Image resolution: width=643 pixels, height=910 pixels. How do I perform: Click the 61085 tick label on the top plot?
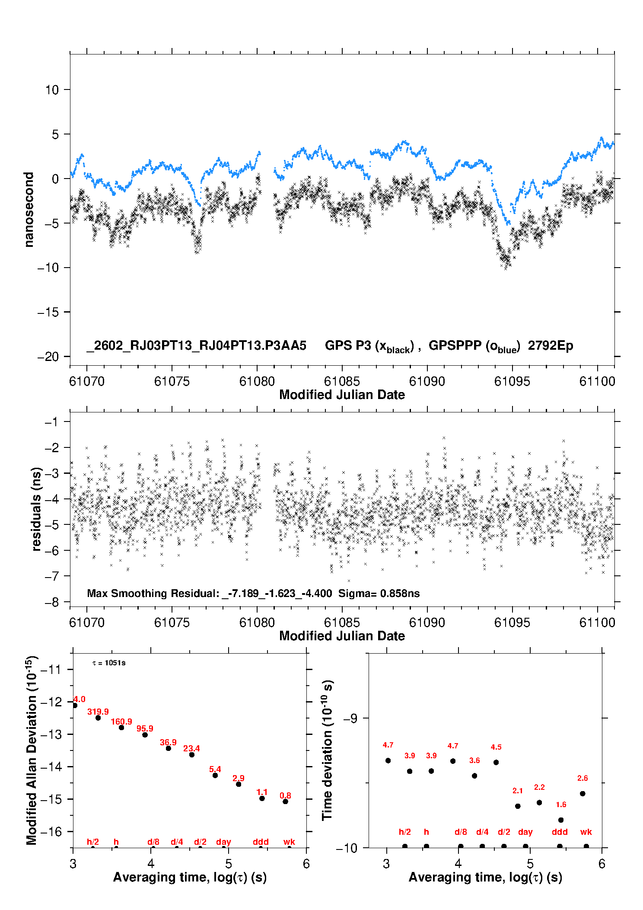tap(342, 381)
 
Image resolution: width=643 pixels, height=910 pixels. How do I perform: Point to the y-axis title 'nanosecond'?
tap(29, 210)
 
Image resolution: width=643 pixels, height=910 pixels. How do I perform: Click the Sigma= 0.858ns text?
tap(379, 594)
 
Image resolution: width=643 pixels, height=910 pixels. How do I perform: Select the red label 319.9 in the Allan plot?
tap(98, 712)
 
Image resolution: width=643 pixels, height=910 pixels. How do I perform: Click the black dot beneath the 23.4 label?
tap(192, 755)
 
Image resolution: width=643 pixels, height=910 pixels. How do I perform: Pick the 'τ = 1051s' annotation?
tap(109, 663)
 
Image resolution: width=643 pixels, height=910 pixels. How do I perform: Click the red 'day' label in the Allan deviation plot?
tap(223, 842)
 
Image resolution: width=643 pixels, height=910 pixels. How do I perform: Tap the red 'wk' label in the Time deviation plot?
tap(586, 832)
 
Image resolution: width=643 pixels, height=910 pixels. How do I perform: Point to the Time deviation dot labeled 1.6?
tap(561, 820)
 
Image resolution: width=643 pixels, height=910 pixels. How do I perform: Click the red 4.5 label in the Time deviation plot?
tap(496, 747)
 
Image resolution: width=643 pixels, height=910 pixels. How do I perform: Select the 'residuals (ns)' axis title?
tap(37, 509)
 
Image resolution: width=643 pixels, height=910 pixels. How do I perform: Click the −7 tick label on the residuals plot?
tap(51, 576)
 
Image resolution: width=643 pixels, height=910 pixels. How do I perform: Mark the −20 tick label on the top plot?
tap(48, 357)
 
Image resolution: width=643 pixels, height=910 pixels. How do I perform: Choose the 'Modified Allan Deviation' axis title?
tap(32, 750)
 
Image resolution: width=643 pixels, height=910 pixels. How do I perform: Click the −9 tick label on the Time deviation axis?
tap(350, 718)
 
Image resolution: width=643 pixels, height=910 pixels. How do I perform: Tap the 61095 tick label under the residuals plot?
tap(512, 623)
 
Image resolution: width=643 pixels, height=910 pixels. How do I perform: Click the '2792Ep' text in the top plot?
tap(551, 346)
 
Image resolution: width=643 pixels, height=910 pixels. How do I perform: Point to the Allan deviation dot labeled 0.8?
tap(285, 801)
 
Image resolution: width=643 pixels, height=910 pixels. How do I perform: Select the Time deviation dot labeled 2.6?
tap(583, 794)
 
